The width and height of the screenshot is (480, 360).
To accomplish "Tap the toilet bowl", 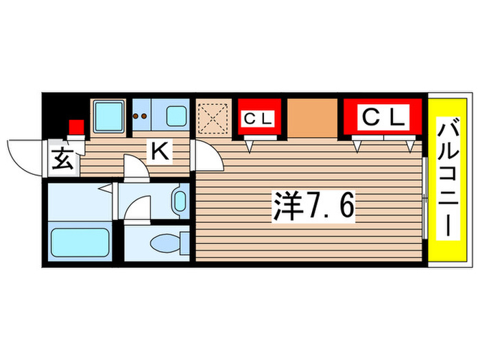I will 165,243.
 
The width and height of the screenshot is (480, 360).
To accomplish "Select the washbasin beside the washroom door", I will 179,200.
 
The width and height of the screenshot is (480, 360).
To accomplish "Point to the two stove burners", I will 141,117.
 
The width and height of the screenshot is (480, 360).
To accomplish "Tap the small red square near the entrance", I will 76,128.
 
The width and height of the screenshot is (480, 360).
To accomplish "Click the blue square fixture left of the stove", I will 108,115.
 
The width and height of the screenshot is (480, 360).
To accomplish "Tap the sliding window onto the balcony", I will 425,199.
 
